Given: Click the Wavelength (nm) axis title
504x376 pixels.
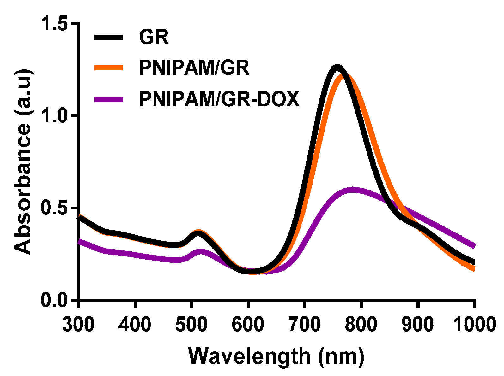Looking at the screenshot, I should pyautogui.click(x=276, y=356).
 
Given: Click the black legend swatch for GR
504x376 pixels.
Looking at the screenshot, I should pyautogui.click(x=108, y=37).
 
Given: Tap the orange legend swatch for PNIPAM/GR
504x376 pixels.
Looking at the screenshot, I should pyautogui.click(x=108, y=68).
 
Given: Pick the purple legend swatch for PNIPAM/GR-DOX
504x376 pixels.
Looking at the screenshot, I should pyautogui.click(x=108, y=99).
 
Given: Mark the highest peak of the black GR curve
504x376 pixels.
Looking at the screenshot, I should pyautogui.click(x=337, y=67).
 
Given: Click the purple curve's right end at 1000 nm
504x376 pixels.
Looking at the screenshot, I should pyautogui.click(x=474, y=246).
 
